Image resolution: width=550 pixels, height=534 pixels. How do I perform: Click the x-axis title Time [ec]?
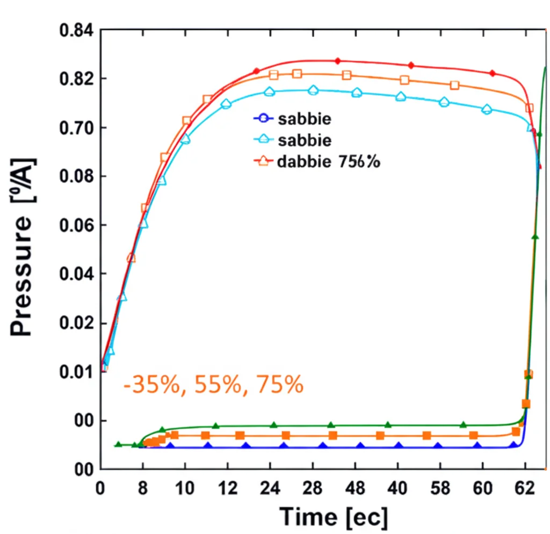333,517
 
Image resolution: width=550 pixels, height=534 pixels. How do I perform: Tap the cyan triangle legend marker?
263,140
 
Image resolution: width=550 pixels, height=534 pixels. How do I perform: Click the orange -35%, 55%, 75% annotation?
213,385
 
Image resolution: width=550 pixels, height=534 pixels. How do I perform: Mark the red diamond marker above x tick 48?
337,61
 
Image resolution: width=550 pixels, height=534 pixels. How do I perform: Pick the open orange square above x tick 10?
186,121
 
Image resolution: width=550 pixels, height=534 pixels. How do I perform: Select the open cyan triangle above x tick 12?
226,104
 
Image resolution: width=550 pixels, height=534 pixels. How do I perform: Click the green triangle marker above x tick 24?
273,425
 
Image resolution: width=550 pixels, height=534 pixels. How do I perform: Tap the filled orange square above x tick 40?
380,435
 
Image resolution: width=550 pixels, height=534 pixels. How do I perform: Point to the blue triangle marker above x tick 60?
477,446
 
